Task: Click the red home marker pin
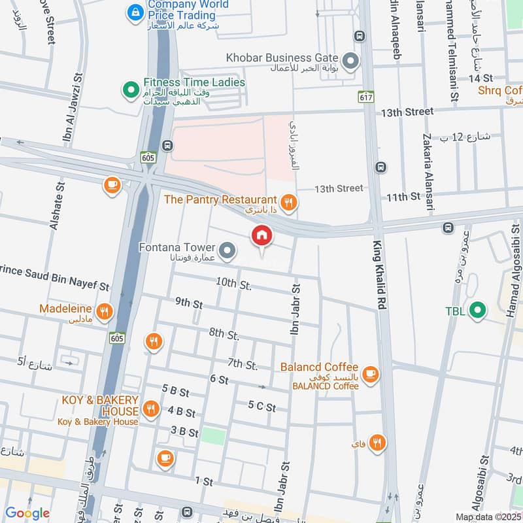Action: point(261,236)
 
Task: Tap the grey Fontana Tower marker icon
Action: point(228,250)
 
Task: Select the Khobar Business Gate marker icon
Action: point(351,62)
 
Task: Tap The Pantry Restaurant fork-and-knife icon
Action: point(288,202)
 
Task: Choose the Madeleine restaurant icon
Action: point(103,311)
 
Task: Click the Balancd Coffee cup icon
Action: point(371,373)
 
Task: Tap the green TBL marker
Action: point(479,310)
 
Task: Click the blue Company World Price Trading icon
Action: point(135,11)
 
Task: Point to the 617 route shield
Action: point(365,97)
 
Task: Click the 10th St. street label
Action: point(233,284)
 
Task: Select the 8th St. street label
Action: point(224,334)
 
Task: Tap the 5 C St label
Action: point(262,407)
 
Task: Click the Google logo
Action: point(27,513)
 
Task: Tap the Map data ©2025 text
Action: point(487,516)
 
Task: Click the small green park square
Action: point(212,435)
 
